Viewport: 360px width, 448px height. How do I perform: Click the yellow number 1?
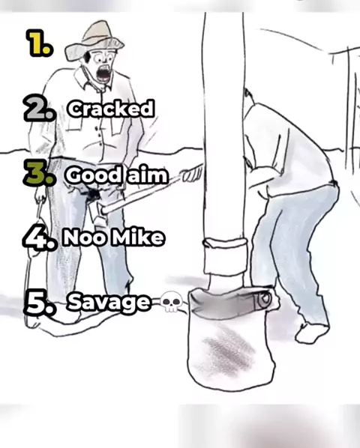coord(40,43)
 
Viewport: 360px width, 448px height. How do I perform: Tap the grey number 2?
coord(39,107)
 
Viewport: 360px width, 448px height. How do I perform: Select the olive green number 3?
coord(39,173)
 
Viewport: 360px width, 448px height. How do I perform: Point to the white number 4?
coord(40,237)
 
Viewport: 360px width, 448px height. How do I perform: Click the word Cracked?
coord(111,109)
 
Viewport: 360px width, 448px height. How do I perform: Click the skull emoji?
coord(171,302)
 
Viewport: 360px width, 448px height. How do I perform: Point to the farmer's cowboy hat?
coord(94,40)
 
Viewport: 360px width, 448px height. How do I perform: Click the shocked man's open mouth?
coord(103,74)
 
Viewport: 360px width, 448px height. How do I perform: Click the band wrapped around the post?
coord(226,255)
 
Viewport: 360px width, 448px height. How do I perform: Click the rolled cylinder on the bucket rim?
coord(262,300)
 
